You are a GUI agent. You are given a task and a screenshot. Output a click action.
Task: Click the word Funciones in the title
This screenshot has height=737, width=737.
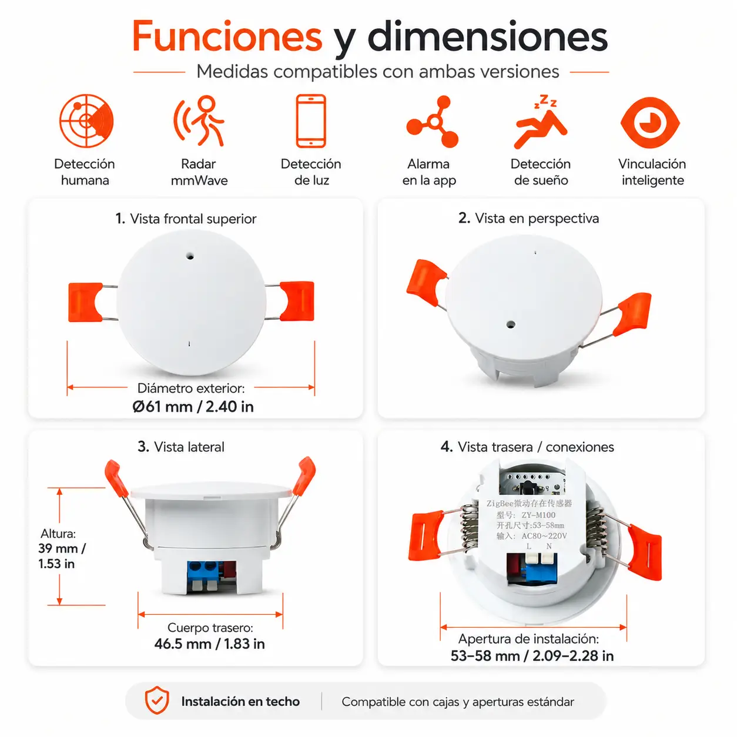(227, 36)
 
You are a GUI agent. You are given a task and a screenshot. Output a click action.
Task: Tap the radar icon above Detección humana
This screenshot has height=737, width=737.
(86, 121)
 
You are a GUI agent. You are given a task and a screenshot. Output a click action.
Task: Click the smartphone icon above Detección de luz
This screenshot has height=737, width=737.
(310, 121)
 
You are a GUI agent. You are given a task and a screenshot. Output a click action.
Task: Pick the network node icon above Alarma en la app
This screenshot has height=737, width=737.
(433, 122)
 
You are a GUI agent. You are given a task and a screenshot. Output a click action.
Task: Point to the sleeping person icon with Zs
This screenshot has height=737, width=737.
(541, 122)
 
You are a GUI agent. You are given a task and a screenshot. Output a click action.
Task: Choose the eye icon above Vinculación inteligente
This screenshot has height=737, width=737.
(650, 123)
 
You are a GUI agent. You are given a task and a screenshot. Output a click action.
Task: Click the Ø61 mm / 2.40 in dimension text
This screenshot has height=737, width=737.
(193, 407)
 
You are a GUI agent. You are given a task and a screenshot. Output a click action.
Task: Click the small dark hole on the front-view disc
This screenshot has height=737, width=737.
(190, 256)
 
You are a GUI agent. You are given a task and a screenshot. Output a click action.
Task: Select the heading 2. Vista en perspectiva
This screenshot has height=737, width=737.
(528, 219)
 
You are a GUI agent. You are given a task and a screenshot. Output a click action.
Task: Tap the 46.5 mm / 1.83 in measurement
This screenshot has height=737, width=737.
(210, 644)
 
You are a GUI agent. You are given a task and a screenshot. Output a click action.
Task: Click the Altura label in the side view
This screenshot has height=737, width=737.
(58, 533)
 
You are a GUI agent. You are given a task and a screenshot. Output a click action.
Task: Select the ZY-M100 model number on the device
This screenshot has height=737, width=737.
(538, 515)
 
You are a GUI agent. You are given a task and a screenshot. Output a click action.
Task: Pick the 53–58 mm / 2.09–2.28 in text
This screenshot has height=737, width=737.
(532, 655)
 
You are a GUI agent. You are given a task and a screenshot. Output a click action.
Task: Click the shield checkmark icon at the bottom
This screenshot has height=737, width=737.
(157, 700)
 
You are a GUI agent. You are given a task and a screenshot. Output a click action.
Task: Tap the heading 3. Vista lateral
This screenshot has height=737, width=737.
(181, 447)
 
